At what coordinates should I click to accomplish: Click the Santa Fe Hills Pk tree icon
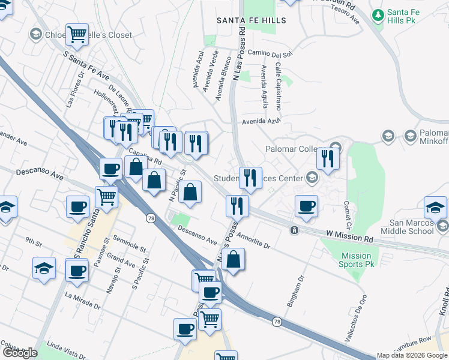(x=378, y=14)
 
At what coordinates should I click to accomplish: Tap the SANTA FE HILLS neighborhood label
(x=252, y=20)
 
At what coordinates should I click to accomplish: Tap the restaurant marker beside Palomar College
(x=328, y=158)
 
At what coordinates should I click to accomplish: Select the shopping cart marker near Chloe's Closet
(x=77, y=35)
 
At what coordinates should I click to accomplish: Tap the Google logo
(x=20, y=353)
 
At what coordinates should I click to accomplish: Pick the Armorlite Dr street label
(x=254, y=240)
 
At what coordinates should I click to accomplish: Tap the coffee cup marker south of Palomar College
(x=306, y=206)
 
